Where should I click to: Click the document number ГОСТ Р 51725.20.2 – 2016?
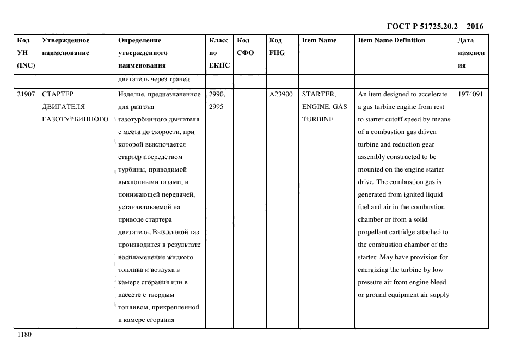point(434,26)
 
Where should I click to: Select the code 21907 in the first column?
point(26,94)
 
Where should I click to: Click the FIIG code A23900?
point(281,94)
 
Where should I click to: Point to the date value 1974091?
point(471,94)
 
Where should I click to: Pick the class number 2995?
point(216,107)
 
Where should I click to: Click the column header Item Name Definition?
point(391,40)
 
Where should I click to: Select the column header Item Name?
point(319,40)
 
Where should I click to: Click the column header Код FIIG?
point(277,46)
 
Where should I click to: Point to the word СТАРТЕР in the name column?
point(58,94)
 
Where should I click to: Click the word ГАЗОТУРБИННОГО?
point(75,119)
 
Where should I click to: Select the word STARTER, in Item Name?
point(318,94)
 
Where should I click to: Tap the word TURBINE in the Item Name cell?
point(317,119)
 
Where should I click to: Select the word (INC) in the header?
point(26,65)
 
